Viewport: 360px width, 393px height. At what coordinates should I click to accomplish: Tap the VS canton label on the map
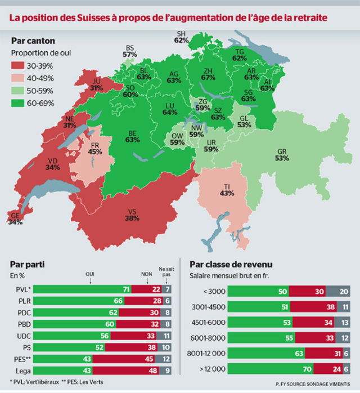point(132,215)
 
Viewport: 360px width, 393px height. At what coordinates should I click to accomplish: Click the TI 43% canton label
point(227,190)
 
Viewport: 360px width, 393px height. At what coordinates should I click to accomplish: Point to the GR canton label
point(282,155)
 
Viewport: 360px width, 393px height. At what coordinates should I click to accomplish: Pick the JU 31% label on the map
point(96,84)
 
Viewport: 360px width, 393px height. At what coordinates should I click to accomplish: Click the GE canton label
point(15,219)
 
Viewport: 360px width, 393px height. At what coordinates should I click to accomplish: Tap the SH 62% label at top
point(181,37)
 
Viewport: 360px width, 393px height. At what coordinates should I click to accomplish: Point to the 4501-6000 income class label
point(207,323)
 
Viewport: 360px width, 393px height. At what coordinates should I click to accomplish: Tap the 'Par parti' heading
point(28,264)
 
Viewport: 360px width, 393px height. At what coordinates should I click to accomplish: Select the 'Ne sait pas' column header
point(164,271)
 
